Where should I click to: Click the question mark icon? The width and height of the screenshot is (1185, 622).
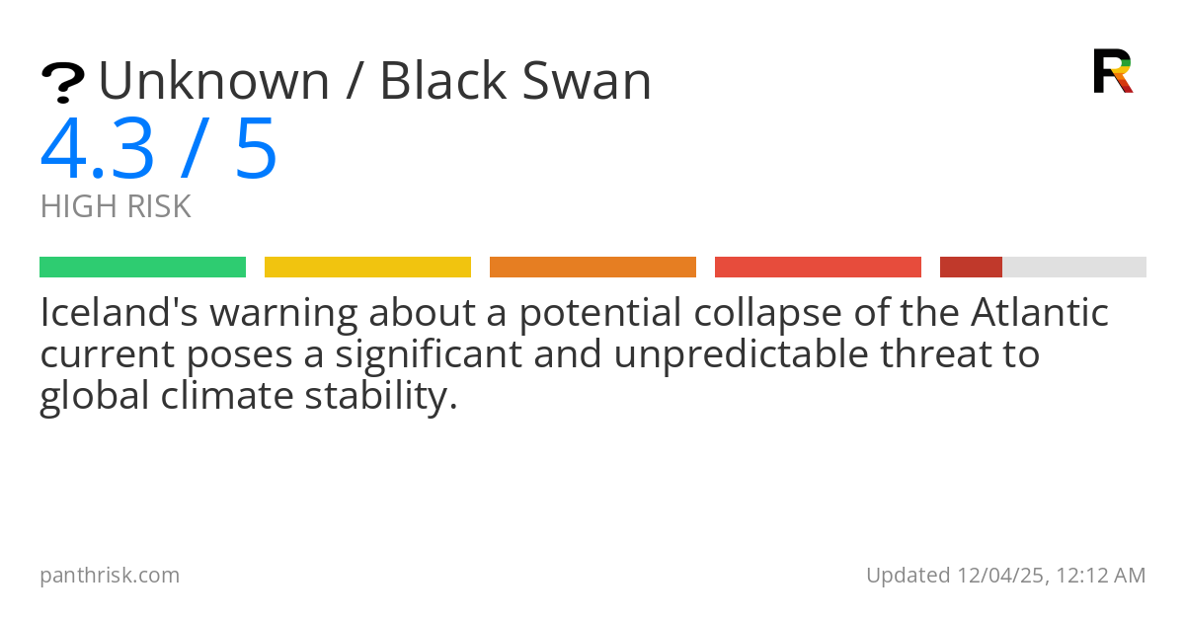pyautogui.click(x=62, y=83)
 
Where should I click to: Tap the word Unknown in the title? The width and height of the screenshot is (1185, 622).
pyautogui.click(x=213, y=81)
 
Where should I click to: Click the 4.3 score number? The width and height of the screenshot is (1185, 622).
pyautogui.click(x=98, y=150)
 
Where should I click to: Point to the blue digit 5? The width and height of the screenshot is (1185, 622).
pyautogui.click(x=256, y=150)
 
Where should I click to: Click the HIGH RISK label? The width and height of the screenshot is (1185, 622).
pyautogui.click(x=116, y=206)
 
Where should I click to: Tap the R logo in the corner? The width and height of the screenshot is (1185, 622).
pyautogui.click(x=1112, y=71)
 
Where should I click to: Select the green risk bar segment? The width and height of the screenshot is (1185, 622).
pyautogui.click(x=142, y=267)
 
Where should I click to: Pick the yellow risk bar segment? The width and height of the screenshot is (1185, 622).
pyautogui.click(x=367, y=267)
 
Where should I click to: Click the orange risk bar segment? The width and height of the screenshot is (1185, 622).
pyautogui.click(x=592, y=267)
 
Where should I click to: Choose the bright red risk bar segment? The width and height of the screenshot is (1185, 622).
pyautogui.click(x=818, y=267)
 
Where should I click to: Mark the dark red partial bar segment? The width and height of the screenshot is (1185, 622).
pyautogui.click(x=971, y=267)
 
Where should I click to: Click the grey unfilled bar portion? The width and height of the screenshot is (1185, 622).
pyautogui.click(x=1074, y=267)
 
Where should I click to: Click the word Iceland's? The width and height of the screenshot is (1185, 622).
pyautogui.click(x=116, y=313)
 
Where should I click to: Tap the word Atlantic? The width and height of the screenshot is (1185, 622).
pyautogui.click(x=1040, y=313)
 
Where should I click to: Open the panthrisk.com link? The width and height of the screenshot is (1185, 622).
pyautogui.click(x=110, y=575)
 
